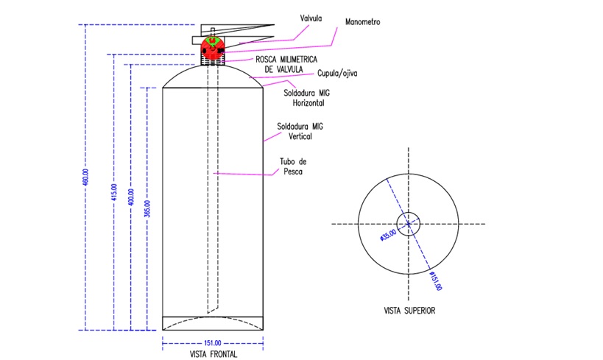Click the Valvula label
coord(311,18)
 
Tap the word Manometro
coord(362,22)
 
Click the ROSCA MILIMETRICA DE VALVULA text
coord(286,64)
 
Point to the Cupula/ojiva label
coord(337,73)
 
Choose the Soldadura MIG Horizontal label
coord(306,98)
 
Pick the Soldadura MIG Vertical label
coord(300,131)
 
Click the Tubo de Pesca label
coord(293,166)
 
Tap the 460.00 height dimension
coord(85,177)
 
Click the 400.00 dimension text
coord(131,197)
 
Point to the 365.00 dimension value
coord(147,208)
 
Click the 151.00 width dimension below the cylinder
coord(212,342)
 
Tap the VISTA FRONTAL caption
coord(213,354)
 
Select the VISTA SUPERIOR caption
coord(409,311)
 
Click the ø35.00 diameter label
coord(387,235)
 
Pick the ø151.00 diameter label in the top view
coord(436,280)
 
